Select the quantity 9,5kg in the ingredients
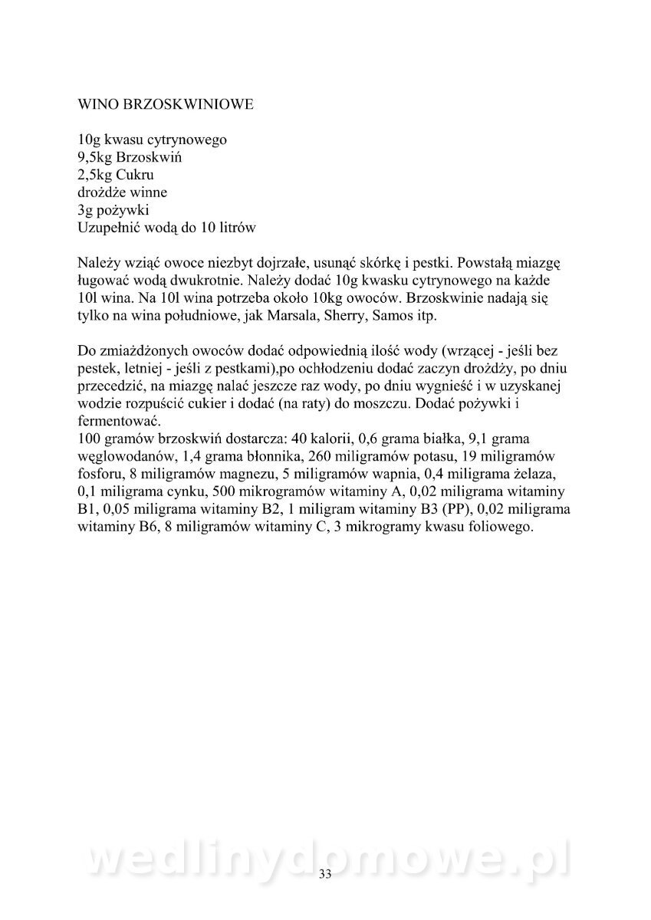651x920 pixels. coord(96,158)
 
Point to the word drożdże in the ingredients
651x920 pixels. coord(103,192)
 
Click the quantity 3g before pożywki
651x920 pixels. coord(86,210)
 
